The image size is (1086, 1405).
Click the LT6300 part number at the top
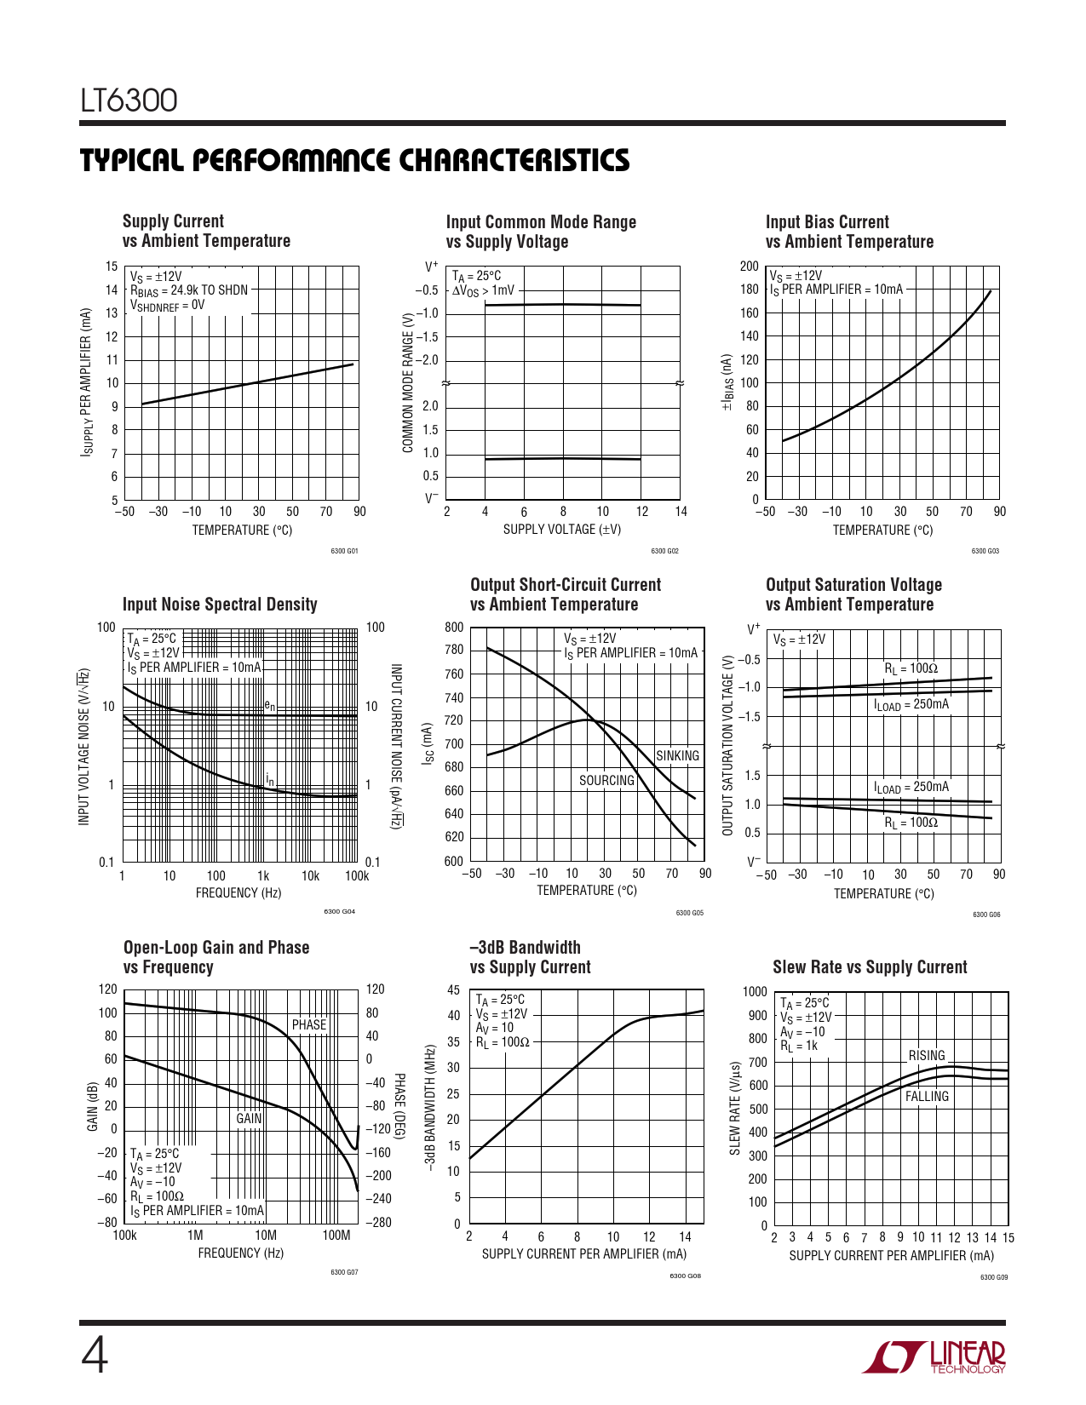(x=129, y=100)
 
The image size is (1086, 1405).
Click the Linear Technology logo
(x=934, y=1356)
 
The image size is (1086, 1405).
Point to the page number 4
(x=95, y=1356)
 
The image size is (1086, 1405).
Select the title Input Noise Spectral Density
(x=220, y=605)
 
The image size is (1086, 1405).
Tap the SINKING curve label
(x=677, y=755)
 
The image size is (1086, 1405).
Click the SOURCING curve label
(x=606, y=780)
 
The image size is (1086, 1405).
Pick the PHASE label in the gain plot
(x=309, y=1024)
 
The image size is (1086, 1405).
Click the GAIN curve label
(x=249, y=1118)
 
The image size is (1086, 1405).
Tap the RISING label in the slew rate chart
(x=927, y=1055)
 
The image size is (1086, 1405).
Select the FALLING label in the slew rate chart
(x=927, y=1096)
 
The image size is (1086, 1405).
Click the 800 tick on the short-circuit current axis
(x=454, y=628)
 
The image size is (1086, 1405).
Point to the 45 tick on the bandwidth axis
(x=453, y=990)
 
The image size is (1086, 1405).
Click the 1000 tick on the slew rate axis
(x=755, y=992)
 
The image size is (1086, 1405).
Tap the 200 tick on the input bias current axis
(x=749, y=267)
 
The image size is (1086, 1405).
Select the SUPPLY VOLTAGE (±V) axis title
(x=562, y=529)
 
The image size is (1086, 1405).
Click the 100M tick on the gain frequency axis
(x=336, y=1236)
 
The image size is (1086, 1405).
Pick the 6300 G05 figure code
(x=689, y=913)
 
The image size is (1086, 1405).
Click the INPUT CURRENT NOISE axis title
(x=396, y=747)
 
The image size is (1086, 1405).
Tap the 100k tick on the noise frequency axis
(x=357, y=875)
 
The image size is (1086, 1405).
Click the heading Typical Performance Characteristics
(x=355, y=161)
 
